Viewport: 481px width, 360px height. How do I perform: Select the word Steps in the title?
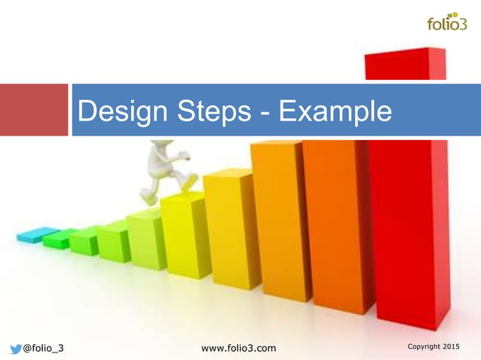click(215, 111)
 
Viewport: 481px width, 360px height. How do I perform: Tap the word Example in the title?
click(335, 111)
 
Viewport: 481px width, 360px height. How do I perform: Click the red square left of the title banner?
click(33, 110)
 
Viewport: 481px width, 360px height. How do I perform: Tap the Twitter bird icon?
click(14, 347)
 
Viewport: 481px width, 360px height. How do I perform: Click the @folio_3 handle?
click(43, 347)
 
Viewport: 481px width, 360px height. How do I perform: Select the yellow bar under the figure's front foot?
click(184, 233)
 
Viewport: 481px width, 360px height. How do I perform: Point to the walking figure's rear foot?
click(152, 199)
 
